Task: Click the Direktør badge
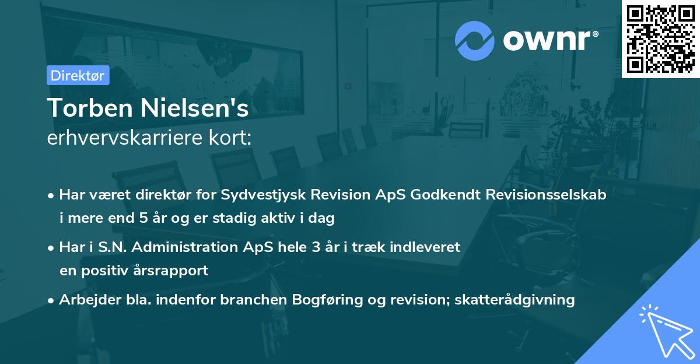pos(78,75)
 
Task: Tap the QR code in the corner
pos(660,38)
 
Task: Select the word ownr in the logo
pos(550,40)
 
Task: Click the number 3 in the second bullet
pos(315,247)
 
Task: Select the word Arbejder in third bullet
pos(84,300)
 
